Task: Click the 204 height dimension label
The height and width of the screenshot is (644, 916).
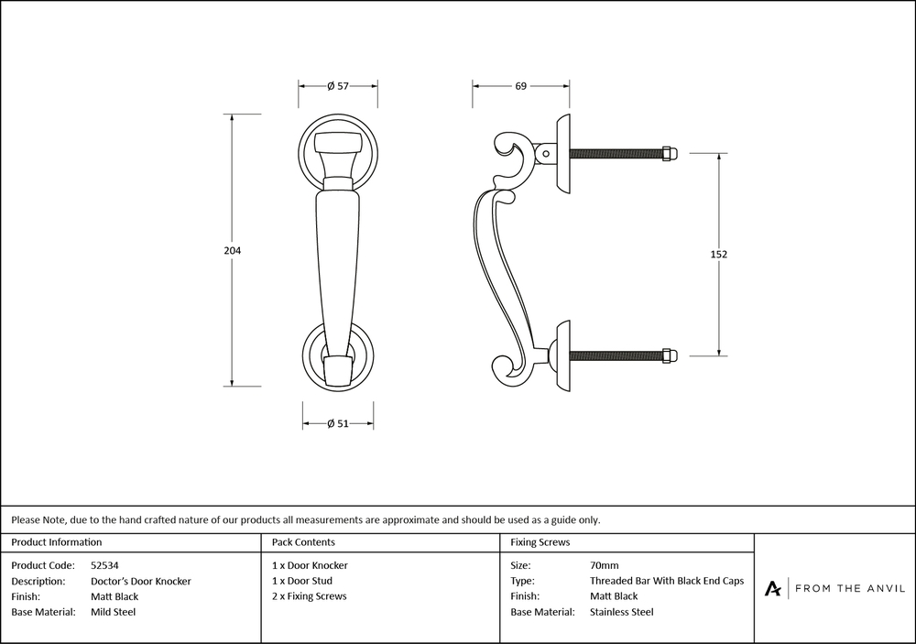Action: (x=232, y=250)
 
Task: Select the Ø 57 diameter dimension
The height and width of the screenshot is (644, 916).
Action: (x=338, y=86)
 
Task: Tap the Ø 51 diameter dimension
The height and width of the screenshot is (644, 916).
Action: (x=338, y=423)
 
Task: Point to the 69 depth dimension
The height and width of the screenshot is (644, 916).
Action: (x=520, y=86)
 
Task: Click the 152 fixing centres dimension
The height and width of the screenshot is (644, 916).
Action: (x=718, y=254)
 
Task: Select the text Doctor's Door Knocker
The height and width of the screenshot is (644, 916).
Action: (x=141, y=581)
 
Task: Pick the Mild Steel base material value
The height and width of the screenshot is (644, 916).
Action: (x=113, y=612)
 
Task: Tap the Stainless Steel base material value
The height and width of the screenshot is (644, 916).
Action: (x=621, y=612)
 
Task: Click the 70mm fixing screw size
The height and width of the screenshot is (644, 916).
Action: (x=604, y=565)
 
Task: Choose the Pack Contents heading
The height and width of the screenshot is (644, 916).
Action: (x=303, y=542)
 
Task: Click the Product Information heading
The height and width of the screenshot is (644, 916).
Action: (x=57, y=542)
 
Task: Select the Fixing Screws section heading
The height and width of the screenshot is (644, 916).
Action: (x=540, y=542)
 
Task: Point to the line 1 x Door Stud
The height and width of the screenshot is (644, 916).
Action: (x=302, y=581)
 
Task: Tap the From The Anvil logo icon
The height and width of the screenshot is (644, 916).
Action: (x=773, y=588)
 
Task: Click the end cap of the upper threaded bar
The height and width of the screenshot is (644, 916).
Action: (x=669, y=153)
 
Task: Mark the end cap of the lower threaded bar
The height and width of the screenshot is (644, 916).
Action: (x=669, y=355)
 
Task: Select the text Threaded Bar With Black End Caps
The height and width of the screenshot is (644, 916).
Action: (x=667, y=581)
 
